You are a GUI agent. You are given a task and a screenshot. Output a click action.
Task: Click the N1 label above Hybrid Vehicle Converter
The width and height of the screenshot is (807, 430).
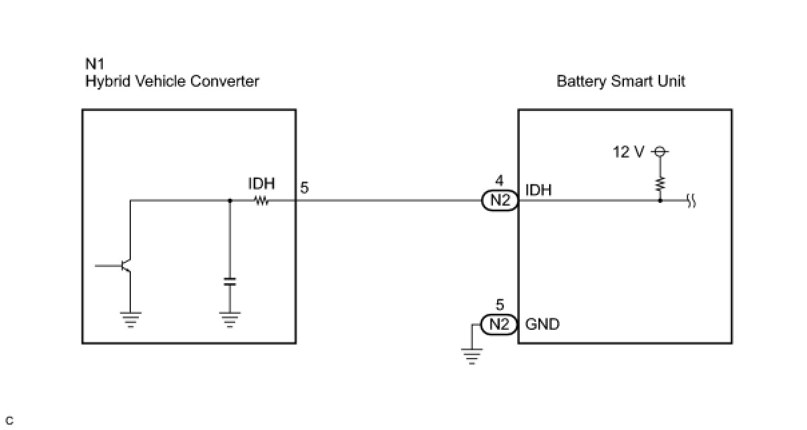pos(95,64)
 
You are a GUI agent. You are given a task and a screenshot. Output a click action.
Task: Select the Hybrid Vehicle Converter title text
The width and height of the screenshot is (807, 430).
pos(172,81)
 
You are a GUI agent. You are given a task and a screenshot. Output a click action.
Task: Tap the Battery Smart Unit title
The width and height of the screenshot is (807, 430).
pos(621,81)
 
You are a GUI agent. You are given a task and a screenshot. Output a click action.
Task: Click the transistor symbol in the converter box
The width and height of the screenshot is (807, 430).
pos(122,266)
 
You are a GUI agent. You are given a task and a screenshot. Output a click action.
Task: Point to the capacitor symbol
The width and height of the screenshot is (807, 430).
pos(230,282)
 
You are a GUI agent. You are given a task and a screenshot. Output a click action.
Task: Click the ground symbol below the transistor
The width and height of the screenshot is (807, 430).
pos(130,320)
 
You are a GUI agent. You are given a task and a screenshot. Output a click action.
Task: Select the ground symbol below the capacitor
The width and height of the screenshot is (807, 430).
pos(230,320)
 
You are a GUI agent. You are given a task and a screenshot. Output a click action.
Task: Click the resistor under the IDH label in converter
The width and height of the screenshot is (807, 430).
pos(262,200)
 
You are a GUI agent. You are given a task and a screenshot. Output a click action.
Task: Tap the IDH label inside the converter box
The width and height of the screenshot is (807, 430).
pos(261,184)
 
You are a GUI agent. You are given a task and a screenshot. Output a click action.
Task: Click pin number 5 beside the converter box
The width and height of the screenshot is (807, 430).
pos(305,188)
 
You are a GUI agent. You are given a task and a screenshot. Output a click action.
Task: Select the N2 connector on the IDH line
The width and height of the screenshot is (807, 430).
pos(500,200)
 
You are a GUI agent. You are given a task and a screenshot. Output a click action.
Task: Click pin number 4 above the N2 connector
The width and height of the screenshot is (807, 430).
pos(499,180)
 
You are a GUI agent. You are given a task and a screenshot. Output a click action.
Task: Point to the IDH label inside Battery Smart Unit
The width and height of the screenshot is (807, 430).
pos(538,190)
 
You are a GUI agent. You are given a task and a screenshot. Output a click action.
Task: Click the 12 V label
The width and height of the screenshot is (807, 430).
pos(629,152)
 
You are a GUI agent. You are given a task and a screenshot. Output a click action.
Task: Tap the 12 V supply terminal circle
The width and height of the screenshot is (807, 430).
pos(660,152)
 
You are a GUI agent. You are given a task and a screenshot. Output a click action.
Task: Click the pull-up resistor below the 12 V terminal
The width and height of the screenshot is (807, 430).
pos(660,184)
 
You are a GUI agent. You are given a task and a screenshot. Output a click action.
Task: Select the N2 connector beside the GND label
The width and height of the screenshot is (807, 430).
pos(499,325)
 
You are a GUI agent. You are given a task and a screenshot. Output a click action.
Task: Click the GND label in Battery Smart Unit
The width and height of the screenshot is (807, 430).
pos(542,325)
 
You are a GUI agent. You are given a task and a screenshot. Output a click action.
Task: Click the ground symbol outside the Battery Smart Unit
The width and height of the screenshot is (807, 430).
pos(472,357)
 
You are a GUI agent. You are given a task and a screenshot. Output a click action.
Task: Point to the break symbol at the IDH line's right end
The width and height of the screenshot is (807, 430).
pos(691,201)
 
